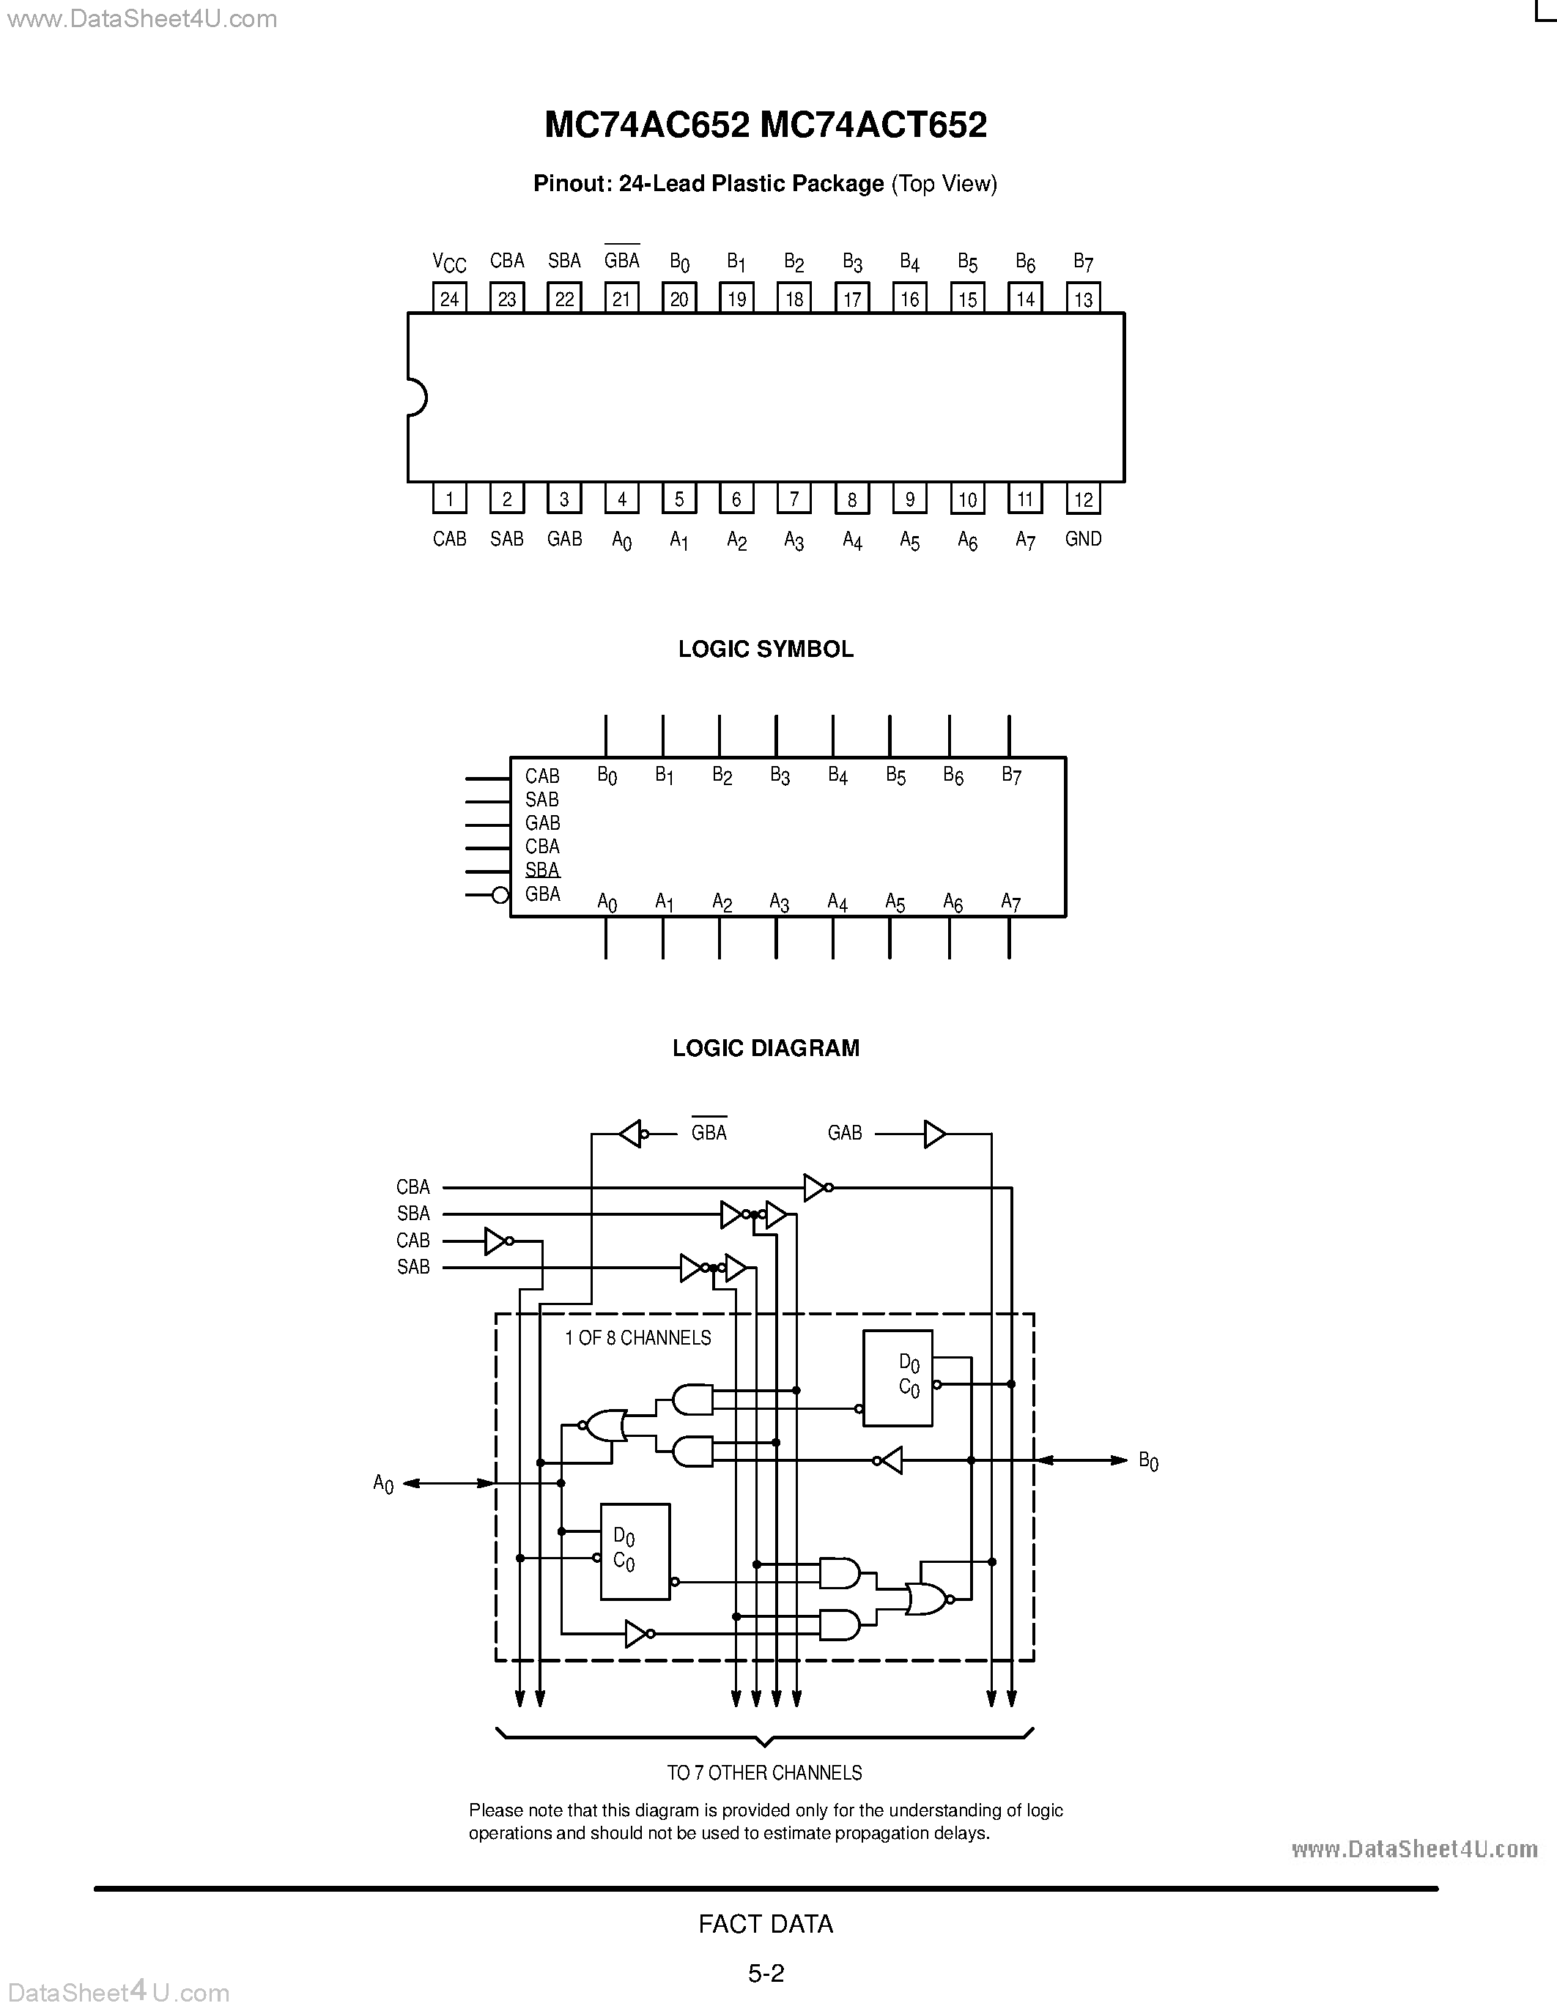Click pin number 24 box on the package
[449, 298]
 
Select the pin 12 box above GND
[1083, 499]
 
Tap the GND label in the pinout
[1083, 538]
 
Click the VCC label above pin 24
[449, 263]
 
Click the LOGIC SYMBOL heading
[766, 649]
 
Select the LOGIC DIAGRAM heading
[766, 1047]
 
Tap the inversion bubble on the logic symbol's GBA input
[500, 894]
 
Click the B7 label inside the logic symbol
[1011, 776]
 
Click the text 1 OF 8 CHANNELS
[637, 1337]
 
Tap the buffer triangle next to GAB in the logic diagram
[934, 1134]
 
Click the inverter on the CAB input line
[496, 1241]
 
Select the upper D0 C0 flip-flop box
[898, 1378]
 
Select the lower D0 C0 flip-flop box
[635, 1552]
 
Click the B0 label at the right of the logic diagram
[1147, 1461]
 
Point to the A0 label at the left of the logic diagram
[382, 1484]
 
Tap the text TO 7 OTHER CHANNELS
[765, 1772]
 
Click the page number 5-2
[766, 1974]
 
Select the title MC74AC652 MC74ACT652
[766, 125]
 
